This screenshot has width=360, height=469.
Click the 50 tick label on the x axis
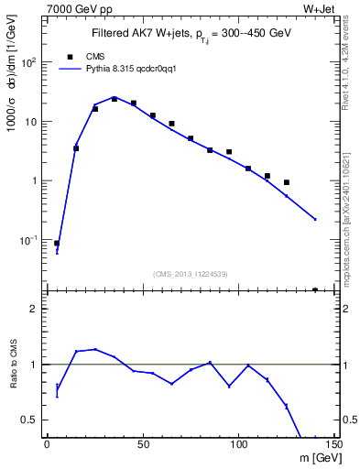pos(143,444)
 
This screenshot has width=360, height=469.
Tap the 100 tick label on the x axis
pos(238,444)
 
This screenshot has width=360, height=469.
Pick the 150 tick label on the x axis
pos(333,444)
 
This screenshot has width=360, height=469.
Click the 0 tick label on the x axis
pos(47,444)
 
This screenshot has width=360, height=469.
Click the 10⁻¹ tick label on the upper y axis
pos(28,240)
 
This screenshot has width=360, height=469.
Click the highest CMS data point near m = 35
pos(115,99)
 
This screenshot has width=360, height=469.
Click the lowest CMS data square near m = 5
pos(57,244)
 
